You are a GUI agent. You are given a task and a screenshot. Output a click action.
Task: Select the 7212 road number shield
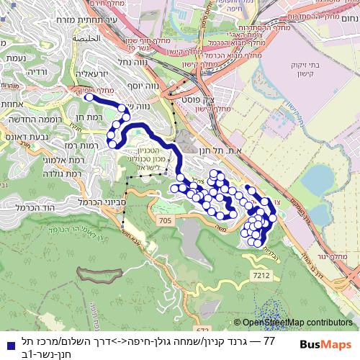[261, 276]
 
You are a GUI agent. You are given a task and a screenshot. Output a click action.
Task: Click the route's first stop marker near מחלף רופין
[88, 96]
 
